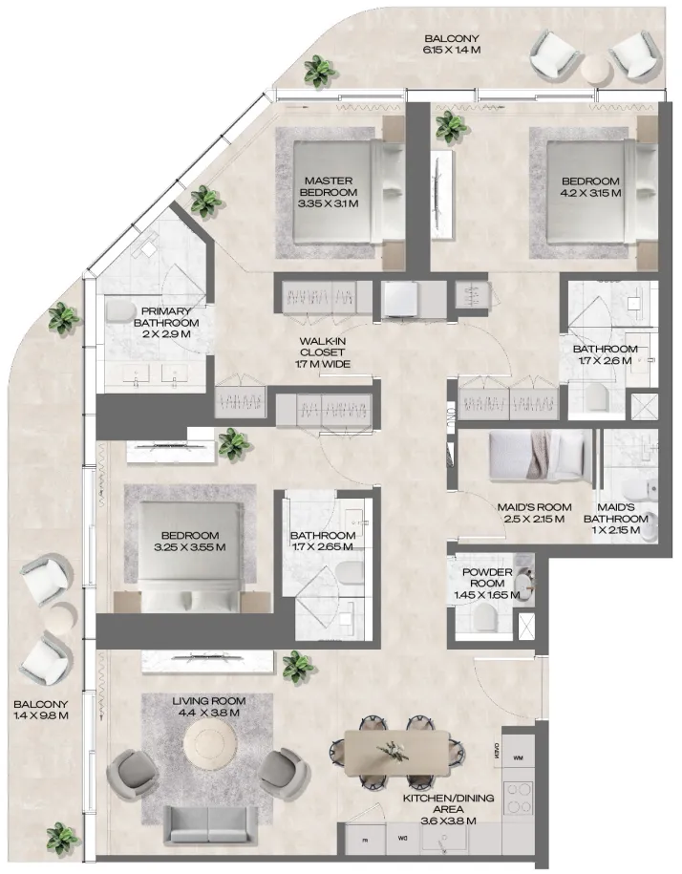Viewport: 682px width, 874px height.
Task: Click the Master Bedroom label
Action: click(x=330, y=191)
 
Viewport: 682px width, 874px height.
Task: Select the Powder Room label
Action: click(x=488, y=583)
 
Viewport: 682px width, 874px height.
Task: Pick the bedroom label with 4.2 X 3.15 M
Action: click(x=590, y=187)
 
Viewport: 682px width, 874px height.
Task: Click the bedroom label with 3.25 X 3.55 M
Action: click(x=190, y=542)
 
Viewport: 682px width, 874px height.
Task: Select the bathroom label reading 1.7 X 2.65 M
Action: click(x=323, y=542)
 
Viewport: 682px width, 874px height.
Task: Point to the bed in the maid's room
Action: click(x=540, y=455)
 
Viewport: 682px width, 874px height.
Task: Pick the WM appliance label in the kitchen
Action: click(x=518, y=757)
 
